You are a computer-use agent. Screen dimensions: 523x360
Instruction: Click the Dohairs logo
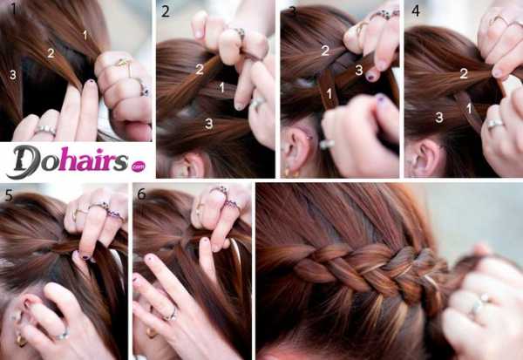pos(76,162)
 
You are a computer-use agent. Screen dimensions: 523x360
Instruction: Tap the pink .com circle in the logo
pos(138,166)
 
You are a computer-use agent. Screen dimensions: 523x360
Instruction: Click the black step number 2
pos(165,11)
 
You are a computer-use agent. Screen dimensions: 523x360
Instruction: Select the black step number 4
pos(416,11)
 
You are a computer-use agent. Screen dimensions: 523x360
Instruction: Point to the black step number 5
pos(9,195)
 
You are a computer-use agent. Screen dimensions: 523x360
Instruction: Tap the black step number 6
pos(141,194)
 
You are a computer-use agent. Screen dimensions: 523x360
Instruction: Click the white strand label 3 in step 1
pos(13,75)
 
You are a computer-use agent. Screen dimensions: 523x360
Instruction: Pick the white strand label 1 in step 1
pos(85,35)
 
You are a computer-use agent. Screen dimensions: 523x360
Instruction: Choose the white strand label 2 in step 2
pos(200,69)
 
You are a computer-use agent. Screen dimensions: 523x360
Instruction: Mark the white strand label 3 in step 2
pos(209,124)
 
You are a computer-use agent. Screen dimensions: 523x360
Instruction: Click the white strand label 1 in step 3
pos(329,94)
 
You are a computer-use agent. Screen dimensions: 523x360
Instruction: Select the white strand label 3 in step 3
pos(359,70)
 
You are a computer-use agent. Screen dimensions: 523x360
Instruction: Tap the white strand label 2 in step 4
pos(464,73)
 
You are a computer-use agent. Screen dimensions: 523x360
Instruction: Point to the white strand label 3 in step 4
pos(439,117)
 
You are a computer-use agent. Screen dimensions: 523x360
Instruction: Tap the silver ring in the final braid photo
pos(480,302)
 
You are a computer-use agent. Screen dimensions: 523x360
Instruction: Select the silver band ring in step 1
pos(45,130)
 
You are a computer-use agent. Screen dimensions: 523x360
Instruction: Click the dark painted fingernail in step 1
pos(91,82)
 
